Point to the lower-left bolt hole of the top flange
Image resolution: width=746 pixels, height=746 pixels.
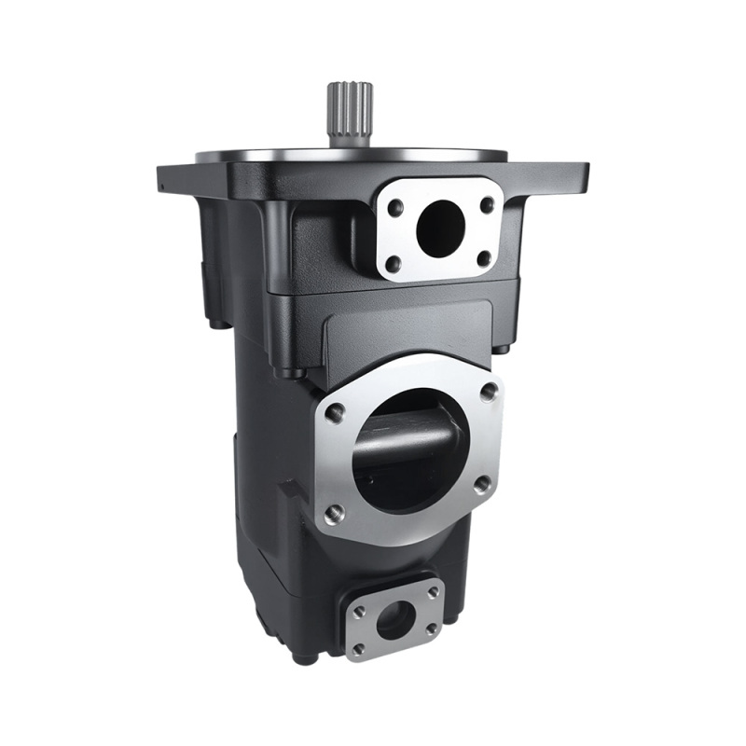pyautogui.click(x=394, y=265)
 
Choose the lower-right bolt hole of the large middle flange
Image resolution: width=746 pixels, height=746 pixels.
pyautogui.click(x=481, y=483)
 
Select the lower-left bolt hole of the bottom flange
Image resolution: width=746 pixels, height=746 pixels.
pyautogui.click(x=359, y=648)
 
